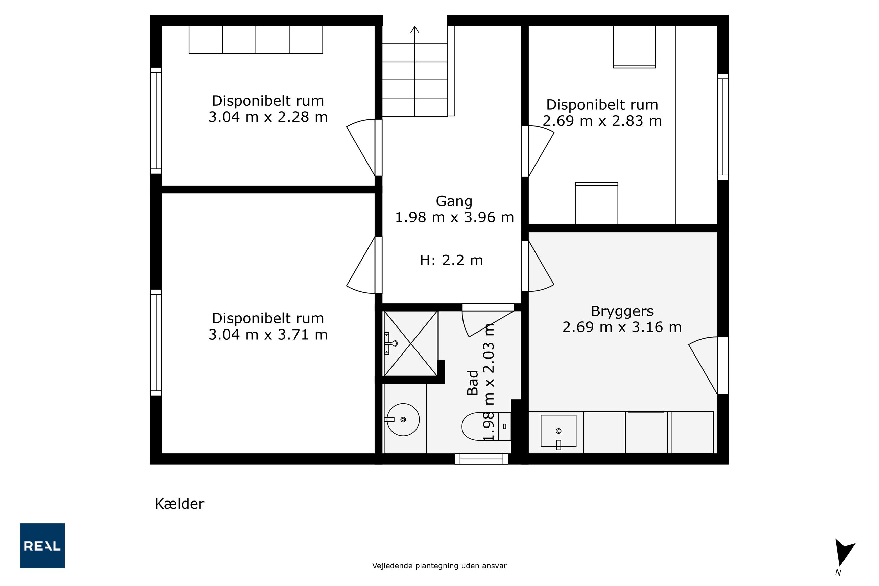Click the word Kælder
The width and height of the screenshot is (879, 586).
[x=180, y=504]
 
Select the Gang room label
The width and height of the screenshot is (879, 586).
[x=454, y=201]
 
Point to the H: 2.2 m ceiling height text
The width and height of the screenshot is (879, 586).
[x=451, y=260]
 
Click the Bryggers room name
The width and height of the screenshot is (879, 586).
[x=622, y=311]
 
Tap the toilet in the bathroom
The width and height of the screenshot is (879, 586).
[x=486, y=426]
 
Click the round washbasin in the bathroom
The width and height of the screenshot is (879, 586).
[x=403, y=419]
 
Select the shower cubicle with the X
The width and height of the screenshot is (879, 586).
[x=410, y=343]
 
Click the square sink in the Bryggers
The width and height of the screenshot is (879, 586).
[x=559, y=431]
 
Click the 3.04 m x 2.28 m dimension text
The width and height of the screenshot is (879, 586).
[x=268, y=117]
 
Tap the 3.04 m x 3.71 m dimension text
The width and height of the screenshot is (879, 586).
[x=268, y=335]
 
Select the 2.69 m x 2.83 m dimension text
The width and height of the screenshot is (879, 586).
[x=602, y=121]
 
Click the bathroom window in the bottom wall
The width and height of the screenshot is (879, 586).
[x=481, y=459]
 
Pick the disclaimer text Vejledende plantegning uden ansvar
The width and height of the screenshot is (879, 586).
[x=439, y=566]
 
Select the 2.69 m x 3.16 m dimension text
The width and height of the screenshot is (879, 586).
[x=622, y=327]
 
